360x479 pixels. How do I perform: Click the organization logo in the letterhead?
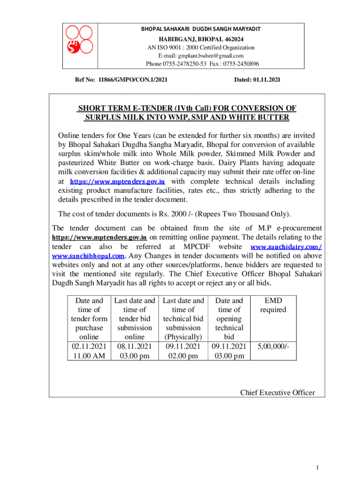78,39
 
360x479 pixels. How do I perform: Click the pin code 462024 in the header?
230,39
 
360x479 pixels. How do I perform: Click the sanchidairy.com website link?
286,247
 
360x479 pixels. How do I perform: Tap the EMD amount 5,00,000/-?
274,347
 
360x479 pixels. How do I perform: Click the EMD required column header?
274,305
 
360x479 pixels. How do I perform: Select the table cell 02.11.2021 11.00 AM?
89,351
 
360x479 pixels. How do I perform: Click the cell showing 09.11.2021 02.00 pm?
183,351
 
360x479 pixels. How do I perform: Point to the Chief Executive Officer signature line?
277,392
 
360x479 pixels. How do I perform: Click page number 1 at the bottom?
317,468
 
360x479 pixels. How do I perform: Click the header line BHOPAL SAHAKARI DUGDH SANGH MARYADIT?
201,29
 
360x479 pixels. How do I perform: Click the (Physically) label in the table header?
183,337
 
